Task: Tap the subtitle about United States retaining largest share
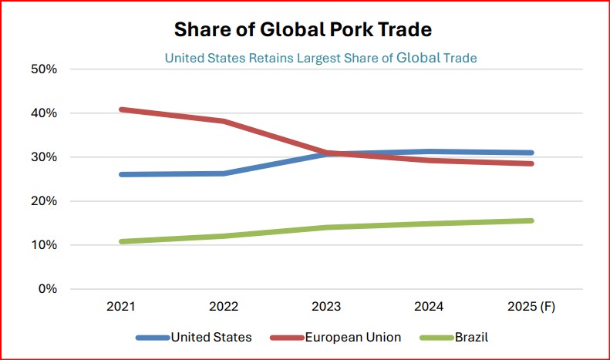pos(321,58)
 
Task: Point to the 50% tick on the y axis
pos(43,69)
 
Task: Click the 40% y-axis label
pos(43,113)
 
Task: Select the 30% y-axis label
pos(43,157)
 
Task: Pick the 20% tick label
pos(43,201)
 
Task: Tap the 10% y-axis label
pos(43,245)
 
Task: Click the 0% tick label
pos(46,289)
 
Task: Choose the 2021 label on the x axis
pos(121,307)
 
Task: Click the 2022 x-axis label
pos(224,307)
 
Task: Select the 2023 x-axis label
pos(326,307)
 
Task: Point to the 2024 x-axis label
pos(429,307)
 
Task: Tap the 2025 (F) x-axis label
pos(531,307)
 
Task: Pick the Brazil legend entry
pos(454,337)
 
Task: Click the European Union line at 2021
pos(121,109)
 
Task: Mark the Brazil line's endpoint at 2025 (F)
pos(531,220)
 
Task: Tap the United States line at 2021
pos(121,174)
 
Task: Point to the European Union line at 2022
pos(224,121)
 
